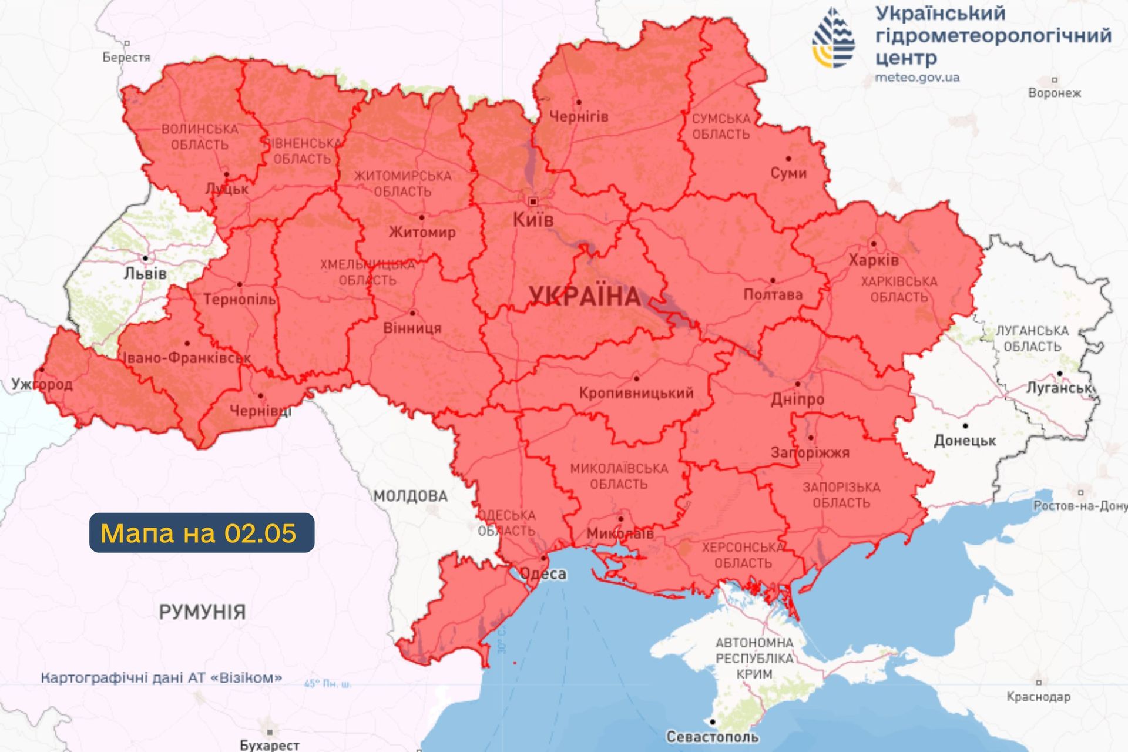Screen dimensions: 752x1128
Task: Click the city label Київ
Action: (x=533, y=220)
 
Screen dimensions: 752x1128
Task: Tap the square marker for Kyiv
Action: (x=533, y=202)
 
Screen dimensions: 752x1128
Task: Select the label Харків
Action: (x=873, y=260)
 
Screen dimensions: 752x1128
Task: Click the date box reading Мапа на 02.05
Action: (x=202, y=533)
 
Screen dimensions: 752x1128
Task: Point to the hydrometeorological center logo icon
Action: (x=833, y=39)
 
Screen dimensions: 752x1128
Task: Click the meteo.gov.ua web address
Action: (x=917, y=78)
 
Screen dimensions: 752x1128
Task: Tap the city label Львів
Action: (x=145, y=273)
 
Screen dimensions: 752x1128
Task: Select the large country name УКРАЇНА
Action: (x=585, y=296)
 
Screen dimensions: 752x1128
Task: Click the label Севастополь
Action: (x=712, y=736)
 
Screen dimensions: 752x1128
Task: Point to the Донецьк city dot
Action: (x=965, y=426)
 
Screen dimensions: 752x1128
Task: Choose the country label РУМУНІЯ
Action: (x=202, y=612)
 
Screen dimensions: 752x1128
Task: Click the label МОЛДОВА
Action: (x=411, y=496)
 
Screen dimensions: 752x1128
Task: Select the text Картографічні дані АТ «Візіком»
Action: (x=161, y=677)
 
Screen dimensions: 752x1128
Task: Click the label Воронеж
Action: (x=1054, y=93)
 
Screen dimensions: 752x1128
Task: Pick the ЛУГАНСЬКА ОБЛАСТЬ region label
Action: (x=1032, y=338)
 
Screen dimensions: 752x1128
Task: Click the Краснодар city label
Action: (x=1038, y=697)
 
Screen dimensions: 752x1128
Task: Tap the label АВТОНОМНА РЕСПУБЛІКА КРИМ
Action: (x=754, y=658)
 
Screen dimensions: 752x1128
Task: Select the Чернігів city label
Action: (x=578, y=116)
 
